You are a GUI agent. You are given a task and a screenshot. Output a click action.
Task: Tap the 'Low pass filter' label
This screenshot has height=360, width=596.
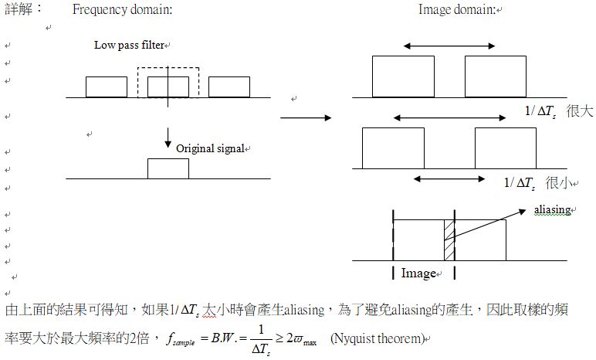pos(129,45)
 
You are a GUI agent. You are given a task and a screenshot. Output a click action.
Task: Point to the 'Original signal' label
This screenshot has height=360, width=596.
pos(209,148)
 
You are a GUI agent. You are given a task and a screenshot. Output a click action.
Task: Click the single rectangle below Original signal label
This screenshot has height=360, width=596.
pos(168,168)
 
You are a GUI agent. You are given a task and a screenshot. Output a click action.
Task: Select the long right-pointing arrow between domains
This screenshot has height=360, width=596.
pos(306,118)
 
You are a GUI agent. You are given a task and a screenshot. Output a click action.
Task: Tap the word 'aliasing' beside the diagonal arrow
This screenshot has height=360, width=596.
pos(551,210)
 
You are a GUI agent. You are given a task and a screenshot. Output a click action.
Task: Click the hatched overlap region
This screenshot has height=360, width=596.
pos(449,240)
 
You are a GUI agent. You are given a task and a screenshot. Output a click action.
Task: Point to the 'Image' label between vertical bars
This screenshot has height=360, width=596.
pos(419,273)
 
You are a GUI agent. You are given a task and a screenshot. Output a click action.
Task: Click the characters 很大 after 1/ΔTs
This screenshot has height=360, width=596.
pos(579,111)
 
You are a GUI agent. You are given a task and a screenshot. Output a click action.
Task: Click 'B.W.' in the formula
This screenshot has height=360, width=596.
pos(222,338)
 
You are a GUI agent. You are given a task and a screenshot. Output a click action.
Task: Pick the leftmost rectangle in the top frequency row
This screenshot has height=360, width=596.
pos(106,87)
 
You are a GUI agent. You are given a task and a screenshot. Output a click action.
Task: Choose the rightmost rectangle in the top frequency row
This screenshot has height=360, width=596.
pos(229,87)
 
